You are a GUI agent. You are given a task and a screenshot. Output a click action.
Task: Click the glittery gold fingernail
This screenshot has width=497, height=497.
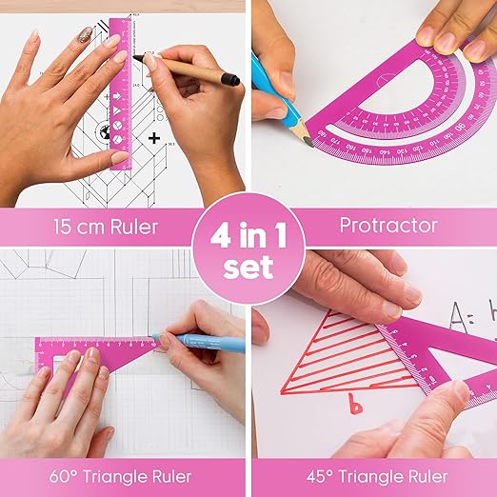[x=85, y=35]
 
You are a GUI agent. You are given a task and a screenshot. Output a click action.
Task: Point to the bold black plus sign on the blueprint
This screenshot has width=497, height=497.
[x=154, y=138]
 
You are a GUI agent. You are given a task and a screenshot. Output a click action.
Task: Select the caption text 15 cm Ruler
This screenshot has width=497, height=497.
[x=95, y=227]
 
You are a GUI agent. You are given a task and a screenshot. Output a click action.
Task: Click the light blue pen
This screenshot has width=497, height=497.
[x=200, y=342]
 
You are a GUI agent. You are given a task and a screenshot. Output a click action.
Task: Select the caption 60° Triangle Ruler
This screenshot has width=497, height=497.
[x=124, y=475]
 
